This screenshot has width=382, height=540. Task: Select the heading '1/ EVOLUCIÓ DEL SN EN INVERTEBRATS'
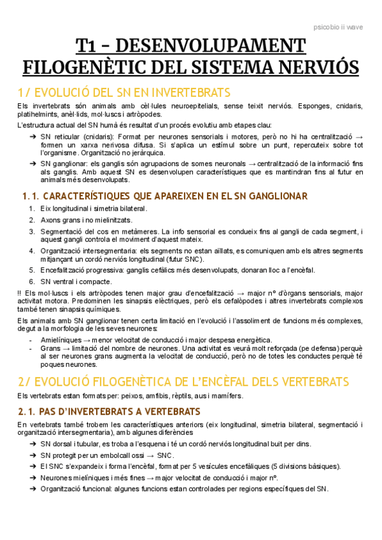[x=124, y=92]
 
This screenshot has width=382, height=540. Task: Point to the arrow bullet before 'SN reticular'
[x=32, y=137]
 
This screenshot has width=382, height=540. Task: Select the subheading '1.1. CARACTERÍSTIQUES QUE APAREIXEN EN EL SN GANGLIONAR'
[x=164, y=196]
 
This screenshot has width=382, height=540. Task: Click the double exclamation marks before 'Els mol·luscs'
[x=20, y=293]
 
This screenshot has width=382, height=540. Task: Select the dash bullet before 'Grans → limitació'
[x=32, y=349]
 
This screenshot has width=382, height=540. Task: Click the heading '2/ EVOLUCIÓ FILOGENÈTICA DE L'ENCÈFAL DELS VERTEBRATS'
[x=183, y=381]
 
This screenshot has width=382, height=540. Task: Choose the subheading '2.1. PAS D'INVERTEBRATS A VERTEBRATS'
[x=110, y=411]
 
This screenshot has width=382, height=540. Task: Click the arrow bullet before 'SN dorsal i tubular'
[x=32, y=443]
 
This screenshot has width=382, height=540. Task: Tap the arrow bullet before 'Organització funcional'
[x=32, y=489]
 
